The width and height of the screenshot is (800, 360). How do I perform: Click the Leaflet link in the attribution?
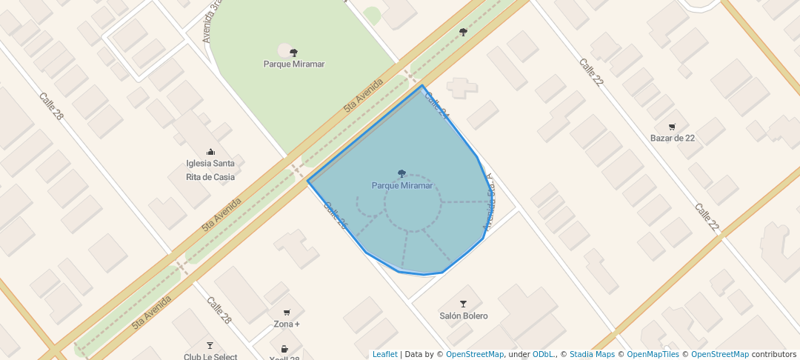384,354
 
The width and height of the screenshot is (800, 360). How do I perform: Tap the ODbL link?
543,354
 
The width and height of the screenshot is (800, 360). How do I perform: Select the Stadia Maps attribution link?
592,354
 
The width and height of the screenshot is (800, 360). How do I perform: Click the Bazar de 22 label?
672,138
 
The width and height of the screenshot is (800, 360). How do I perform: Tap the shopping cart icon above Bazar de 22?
672,127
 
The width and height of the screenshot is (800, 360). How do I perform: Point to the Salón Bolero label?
464,316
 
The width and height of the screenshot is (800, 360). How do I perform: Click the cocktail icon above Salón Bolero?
464,304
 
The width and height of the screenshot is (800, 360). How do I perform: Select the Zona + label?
287,324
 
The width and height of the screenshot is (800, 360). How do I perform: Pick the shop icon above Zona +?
287,313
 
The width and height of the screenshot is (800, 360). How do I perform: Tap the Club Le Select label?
210,357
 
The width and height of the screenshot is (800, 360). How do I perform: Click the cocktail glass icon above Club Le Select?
210,345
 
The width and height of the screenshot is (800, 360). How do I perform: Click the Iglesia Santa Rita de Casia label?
210,170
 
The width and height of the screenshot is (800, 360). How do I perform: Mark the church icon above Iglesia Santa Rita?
210,152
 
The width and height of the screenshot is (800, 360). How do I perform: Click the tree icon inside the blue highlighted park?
401,173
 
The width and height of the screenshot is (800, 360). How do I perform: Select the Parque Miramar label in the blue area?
401,185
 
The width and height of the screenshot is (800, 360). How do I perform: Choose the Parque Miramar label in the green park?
294,64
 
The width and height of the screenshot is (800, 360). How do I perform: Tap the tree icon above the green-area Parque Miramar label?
294,52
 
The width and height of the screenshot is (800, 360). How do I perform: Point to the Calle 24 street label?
437,106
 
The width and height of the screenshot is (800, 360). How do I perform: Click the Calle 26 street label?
335,215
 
